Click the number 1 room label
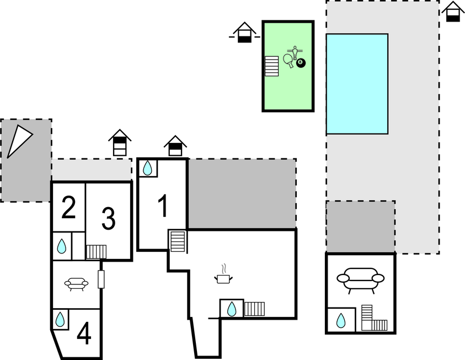(x=163, y=206)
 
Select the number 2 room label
(x=68, y=209)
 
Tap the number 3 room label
(x=109, y=219)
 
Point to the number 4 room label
(x=84, y=333)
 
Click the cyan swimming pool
(x=356, y=84)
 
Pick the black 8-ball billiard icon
(x=300, y=63)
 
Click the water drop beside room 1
(x=148, y=168)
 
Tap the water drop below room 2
(x=62, y=246)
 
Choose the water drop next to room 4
(x=60, y=319)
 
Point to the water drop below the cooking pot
(x=232, y=309)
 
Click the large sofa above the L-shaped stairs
(x=360, y=278)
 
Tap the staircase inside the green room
(x=271, y=66)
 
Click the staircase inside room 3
(x=96, y=252)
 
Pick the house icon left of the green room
(x=244, y=33)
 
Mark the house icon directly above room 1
(x=175, y=146)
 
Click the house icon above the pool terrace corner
(x=453, y=12)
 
